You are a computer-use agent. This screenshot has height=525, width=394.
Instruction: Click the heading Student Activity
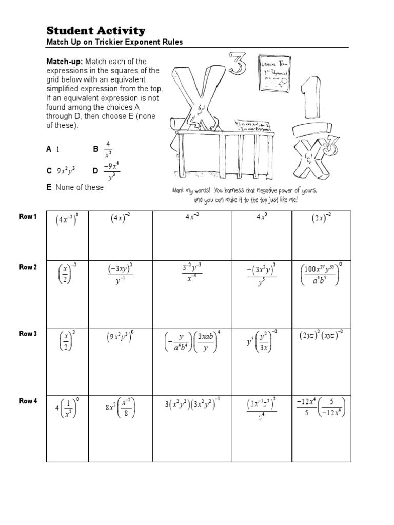click(96, 31)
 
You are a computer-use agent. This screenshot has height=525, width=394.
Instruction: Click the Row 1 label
click(28, 217)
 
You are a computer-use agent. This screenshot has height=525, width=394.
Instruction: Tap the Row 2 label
click(28, 267)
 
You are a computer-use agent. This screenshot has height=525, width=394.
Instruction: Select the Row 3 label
click(28, 334)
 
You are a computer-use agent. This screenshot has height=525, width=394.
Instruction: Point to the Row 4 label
click(28, 401)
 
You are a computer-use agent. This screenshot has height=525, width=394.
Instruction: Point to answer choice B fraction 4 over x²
click(108, 150)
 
